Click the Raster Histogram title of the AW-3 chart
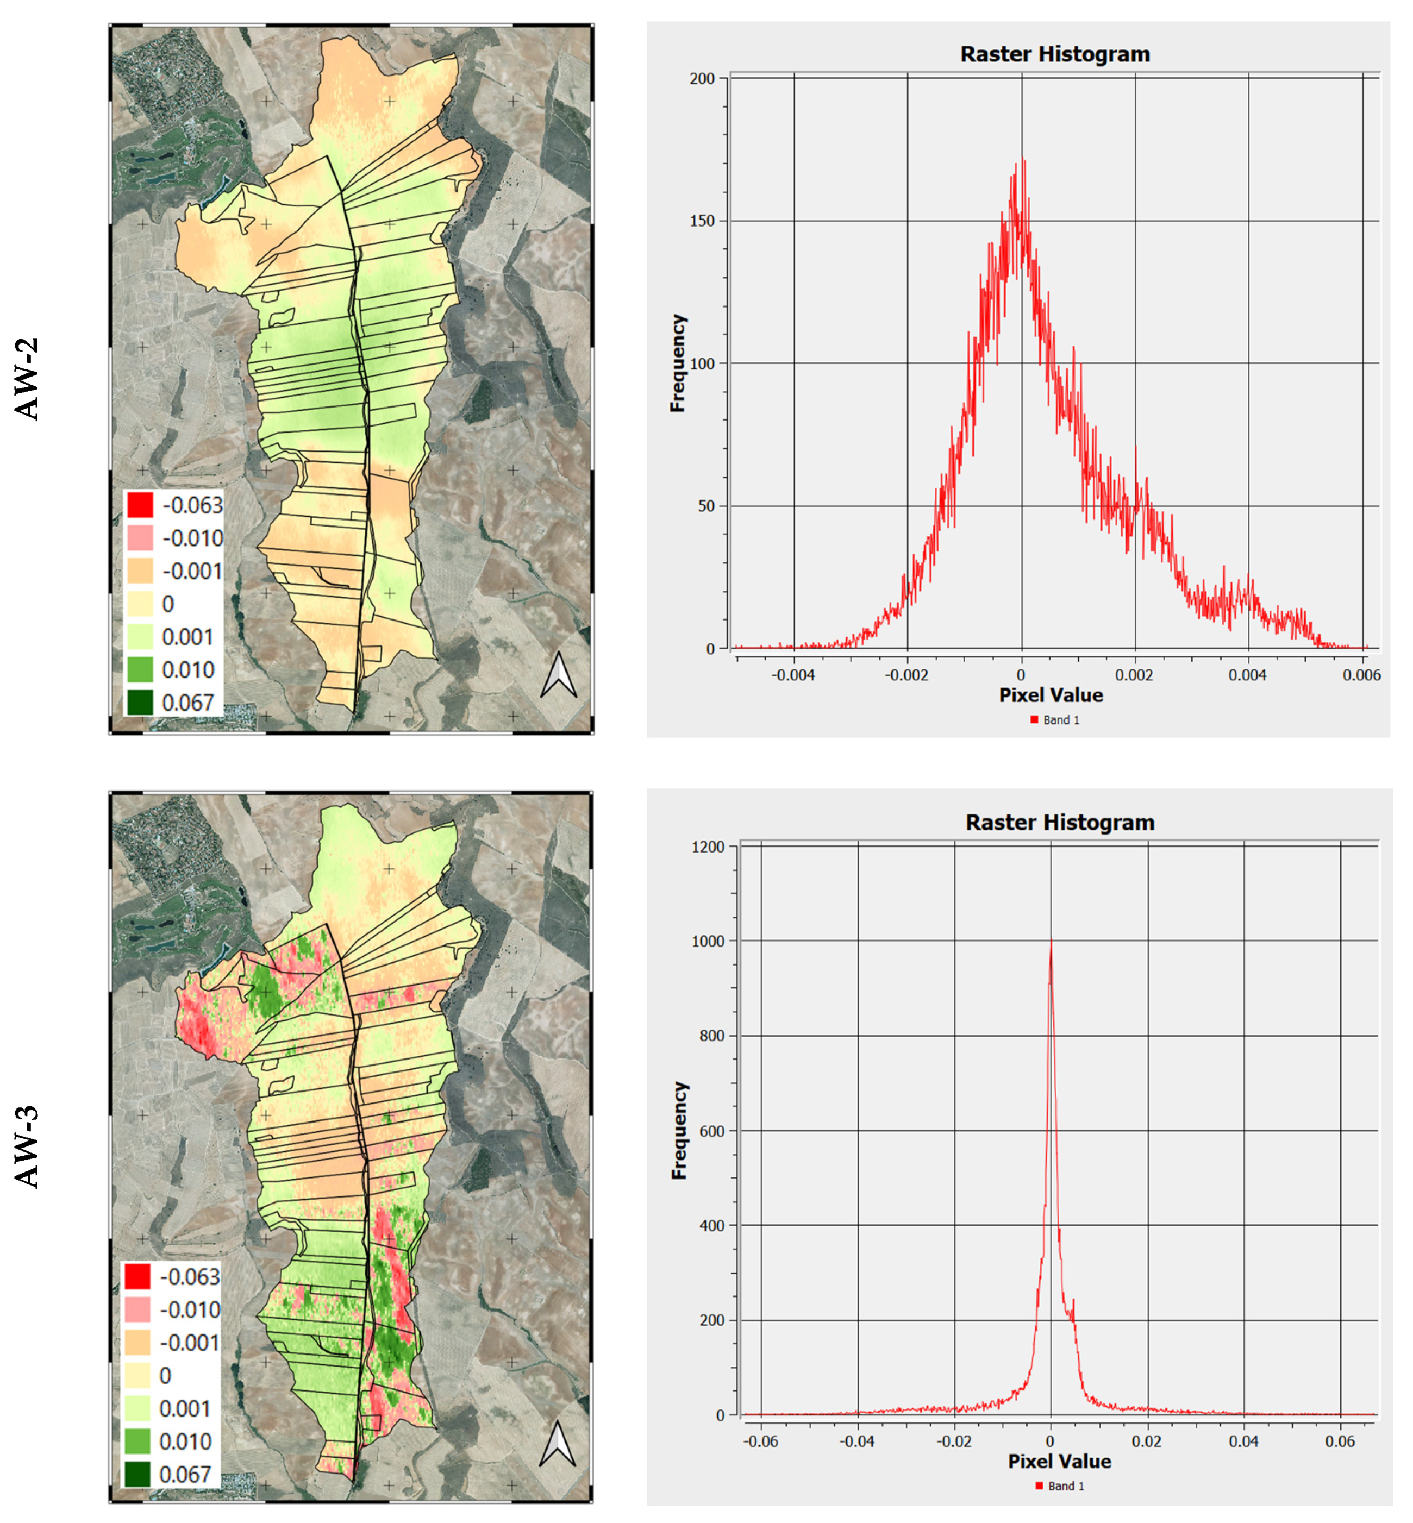click(x=1059, y=822)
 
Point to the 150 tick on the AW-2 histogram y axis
click(x=703, y=221)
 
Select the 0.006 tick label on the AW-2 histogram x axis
click(x=1361, y=675)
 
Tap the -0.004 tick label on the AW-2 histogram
click(x=793, y=675)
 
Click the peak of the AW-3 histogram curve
click(x=1051, y=941)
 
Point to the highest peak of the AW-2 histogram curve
click(x=1023, y=159)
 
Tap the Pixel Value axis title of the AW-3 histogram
click(x=1059, y=1461)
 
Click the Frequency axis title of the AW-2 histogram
click(x=678, y=363)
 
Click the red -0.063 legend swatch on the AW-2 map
click(x=140, y=505)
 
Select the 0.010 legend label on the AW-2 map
click(x=188, y=670)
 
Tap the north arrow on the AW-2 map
click(x=558, y=674)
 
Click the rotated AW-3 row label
click(x=28, y=1147)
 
